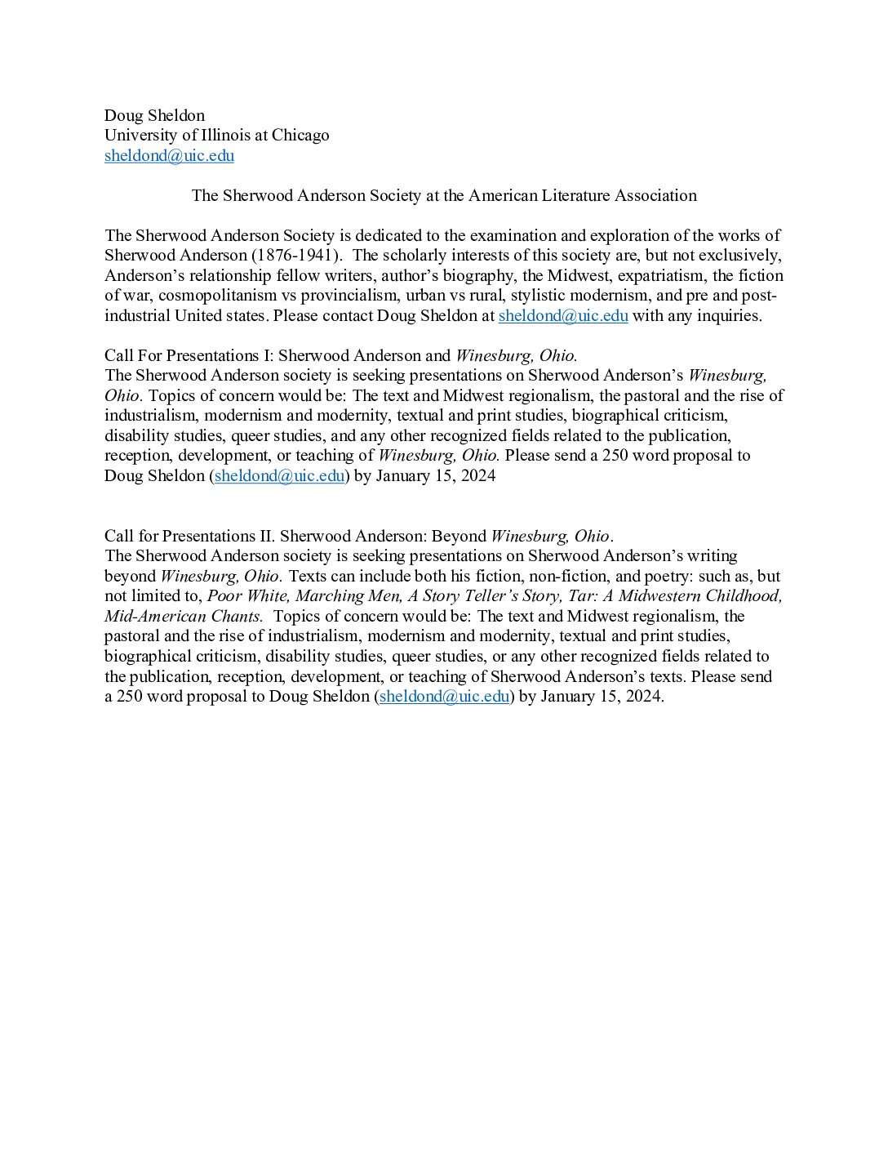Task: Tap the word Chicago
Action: point(300,136)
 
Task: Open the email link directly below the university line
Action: point(169,156)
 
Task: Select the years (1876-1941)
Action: point(295,256)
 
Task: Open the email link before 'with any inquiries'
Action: point(563,316)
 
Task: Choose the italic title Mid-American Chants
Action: point(184,617)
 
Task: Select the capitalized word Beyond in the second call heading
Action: point(459,537)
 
